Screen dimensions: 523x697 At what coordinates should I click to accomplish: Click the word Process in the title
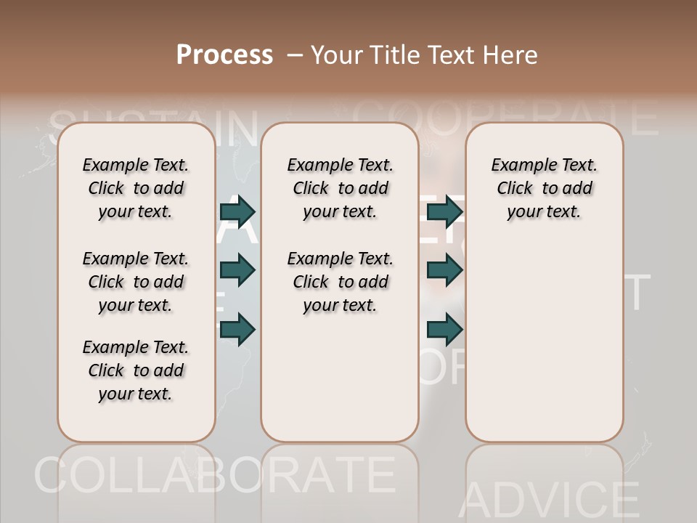coord(224,54)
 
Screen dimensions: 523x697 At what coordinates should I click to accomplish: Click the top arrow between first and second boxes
coord(237,211)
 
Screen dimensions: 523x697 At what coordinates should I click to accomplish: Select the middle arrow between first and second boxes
coord(237,270)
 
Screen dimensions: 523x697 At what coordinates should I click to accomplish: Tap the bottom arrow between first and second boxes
coord(237,330)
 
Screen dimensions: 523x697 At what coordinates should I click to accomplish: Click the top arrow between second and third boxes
coord(445,211)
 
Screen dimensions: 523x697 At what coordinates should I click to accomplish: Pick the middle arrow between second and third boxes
coord(445,270)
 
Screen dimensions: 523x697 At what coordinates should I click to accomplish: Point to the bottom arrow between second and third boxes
coord(445,330)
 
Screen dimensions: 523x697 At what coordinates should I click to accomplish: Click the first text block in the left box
coord(136,188)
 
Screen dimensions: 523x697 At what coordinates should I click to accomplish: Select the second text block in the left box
coord(136,282)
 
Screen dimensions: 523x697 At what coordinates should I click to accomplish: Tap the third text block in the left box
coord(136,370)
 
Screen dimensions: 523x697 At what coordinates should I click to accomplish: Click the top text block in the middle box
coord(340,188)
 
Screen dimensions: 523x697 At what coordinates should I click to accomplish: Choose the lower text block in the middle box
coord(340,282)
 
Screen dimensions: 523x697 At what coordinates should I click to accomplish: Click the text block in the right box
coord(544,188)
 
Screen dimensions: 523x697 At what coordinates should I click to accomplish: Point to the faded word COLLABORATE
coord(214,476)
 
